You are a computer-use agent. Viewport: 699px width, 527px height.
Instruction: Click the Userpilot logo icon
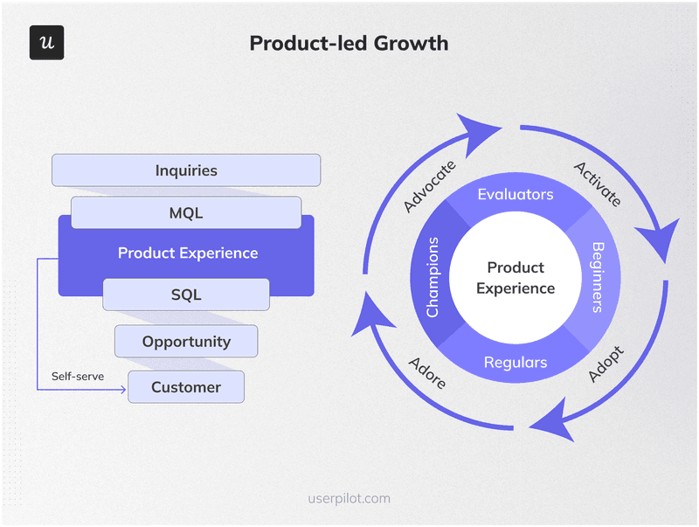coord(46,43)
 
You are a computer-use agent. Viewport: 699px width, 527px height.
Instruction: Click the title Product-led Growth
coord(349,43)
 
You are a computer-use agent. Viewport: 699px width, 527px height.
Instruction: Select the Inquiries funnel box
coord(186,170)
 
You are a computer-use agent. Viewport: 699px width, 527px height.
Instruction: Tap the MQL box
coord(186,212)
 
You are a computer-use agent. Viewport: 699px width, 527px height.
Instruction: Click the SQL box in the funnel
coord(186,295)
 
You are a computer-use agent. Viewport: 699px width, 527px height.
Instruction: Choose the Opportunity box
coord(186,341)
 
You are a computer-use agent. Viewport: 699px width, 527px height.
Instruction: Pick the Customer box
coord(186,386)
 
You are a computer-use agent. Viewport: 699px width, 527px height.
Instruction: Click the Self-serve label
coord(78,377)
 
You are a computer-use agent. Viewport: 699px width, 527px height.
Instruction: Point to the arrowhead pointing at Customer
coord(123,387)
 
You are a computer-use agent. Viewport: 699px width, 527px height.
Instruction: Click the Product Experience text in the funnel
coord(188,253)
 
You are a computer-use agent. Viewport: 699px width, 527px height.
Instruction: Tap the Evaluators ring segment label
coord(516,194)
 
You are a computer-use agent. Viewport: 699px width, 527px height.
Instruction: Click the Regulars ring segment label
coord(516,362)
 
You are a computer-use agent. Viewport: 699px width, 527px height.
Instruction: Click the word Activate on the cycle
coord(598,184)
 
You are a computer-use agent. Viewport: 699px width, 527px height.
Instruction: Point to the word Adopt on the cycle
coord(606,364)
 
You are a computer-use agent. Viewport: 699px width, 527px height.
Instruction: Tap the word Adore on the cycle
coord(426,371)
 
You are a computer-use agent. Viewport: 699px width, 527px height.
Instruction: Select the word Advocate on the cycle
coord(429,186)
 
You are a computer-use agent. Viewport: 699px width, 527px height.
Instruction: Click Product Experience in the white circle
coord(516,278)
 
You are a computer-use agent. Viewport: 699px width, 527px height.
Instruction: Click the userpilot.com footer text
coord(349,498)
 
